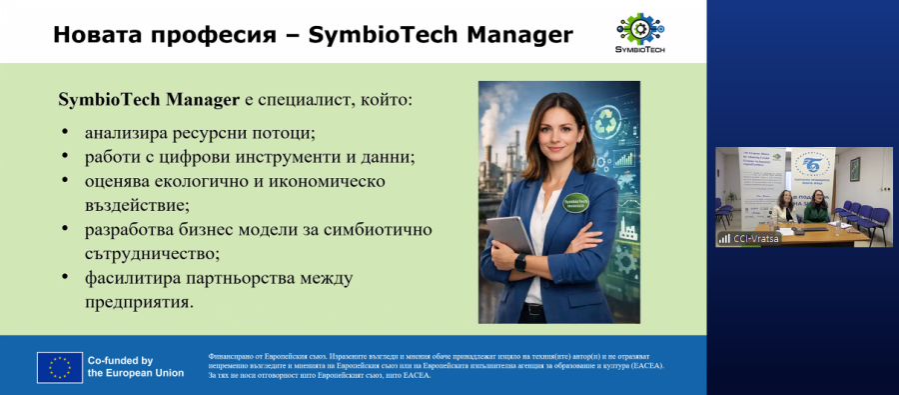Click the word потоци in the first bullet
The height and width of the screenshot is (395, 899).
pyautogui.click(x=281, y=132)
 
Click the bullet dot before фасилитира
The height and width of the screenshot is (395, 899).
pyautogui.click(x=65, y=277)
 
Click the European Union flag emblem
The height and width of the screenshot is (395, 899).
pyautogui.click(x=59, y=367)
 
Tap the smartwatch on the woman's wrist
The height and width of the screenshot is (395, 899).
pyautogui.click(x=519, y=261)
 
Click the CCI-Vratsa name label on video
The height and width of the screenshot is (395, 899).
pyautogui.click(x=754, y=239)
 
